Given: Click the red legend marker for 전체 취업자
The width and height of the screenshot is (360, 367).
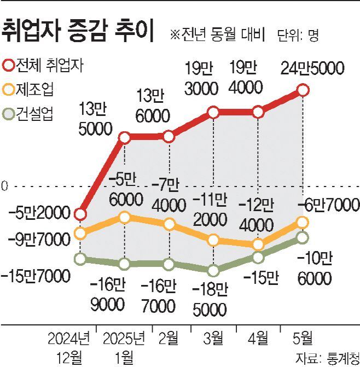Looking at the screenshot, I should click(9, 65).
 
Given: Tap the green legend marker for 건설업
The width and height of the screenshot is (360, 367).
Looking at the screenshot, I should click(9, 114).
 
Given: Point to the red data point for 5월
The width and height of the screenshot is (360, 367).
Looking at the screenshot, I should click(303, 90).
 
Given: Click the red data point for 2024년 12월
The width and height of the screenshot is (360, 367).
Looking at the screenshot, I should click(80, 214).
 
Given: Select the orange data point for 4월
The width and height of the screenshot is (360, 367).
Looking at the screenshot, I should click(258, 244).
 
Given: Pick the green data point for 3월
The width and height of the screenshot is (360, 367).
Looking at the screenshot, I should click(213, 270).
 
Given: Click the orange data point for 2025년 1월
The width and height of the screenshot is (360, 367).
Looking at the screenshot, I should click(125, 218).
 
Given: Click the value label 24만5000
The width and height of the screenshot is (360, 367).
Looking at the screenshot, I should click(312, 68).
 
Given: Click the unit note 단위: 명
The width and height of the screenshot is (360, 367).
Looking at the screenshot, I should click(298, 36).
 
